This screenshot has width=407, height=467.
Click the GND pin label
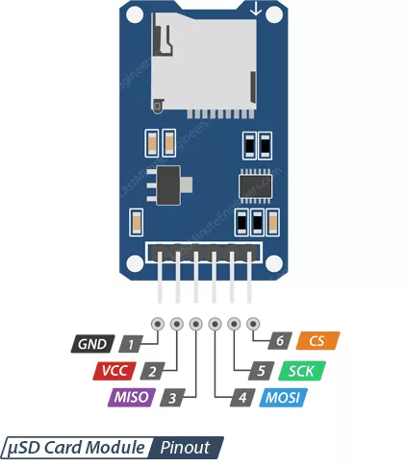(x=92, y=344)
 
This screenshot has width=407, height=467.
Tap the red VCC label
(x=114, y=371)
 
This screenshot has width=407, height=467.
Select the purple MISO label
(x=132, y=397)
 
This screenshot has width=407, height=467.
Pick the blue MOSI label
(x=283, y=398)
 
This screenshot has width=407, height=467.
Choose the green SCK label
(x=302, y=371)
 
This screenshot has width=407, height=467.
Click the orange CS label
(x=318, y=340)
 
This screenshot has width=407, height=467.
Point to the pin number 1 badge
(x=131, y=344)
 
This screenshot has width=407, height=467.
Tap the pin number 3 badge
(x=172, y=398)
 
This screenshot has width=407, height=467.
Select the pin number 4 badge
(x=242, y=398)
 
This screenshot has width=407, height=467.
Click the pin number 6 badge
(x=280, y=340)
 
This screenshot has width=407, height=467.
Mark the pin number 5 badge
(x=262, y=371)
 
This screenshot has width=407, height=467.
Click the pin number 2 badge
(x=152, y=371)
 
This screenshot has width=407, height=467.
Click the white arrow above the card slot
(x=256, y=10)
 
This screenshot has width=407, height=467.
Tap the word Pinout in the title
(x=185, y=447)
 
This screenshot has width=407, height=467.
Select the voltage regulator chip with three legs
(x=169, y=185)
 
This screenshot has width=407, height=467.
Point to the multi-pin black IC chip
(x=255, y=185)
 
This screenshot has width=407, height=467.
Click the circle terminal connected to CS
(x=253, y=324)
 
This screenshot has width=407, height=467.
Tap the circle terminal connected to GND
(x=158, y=324)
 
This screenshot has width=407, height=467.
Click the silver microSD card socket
(x=204, y=64)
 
